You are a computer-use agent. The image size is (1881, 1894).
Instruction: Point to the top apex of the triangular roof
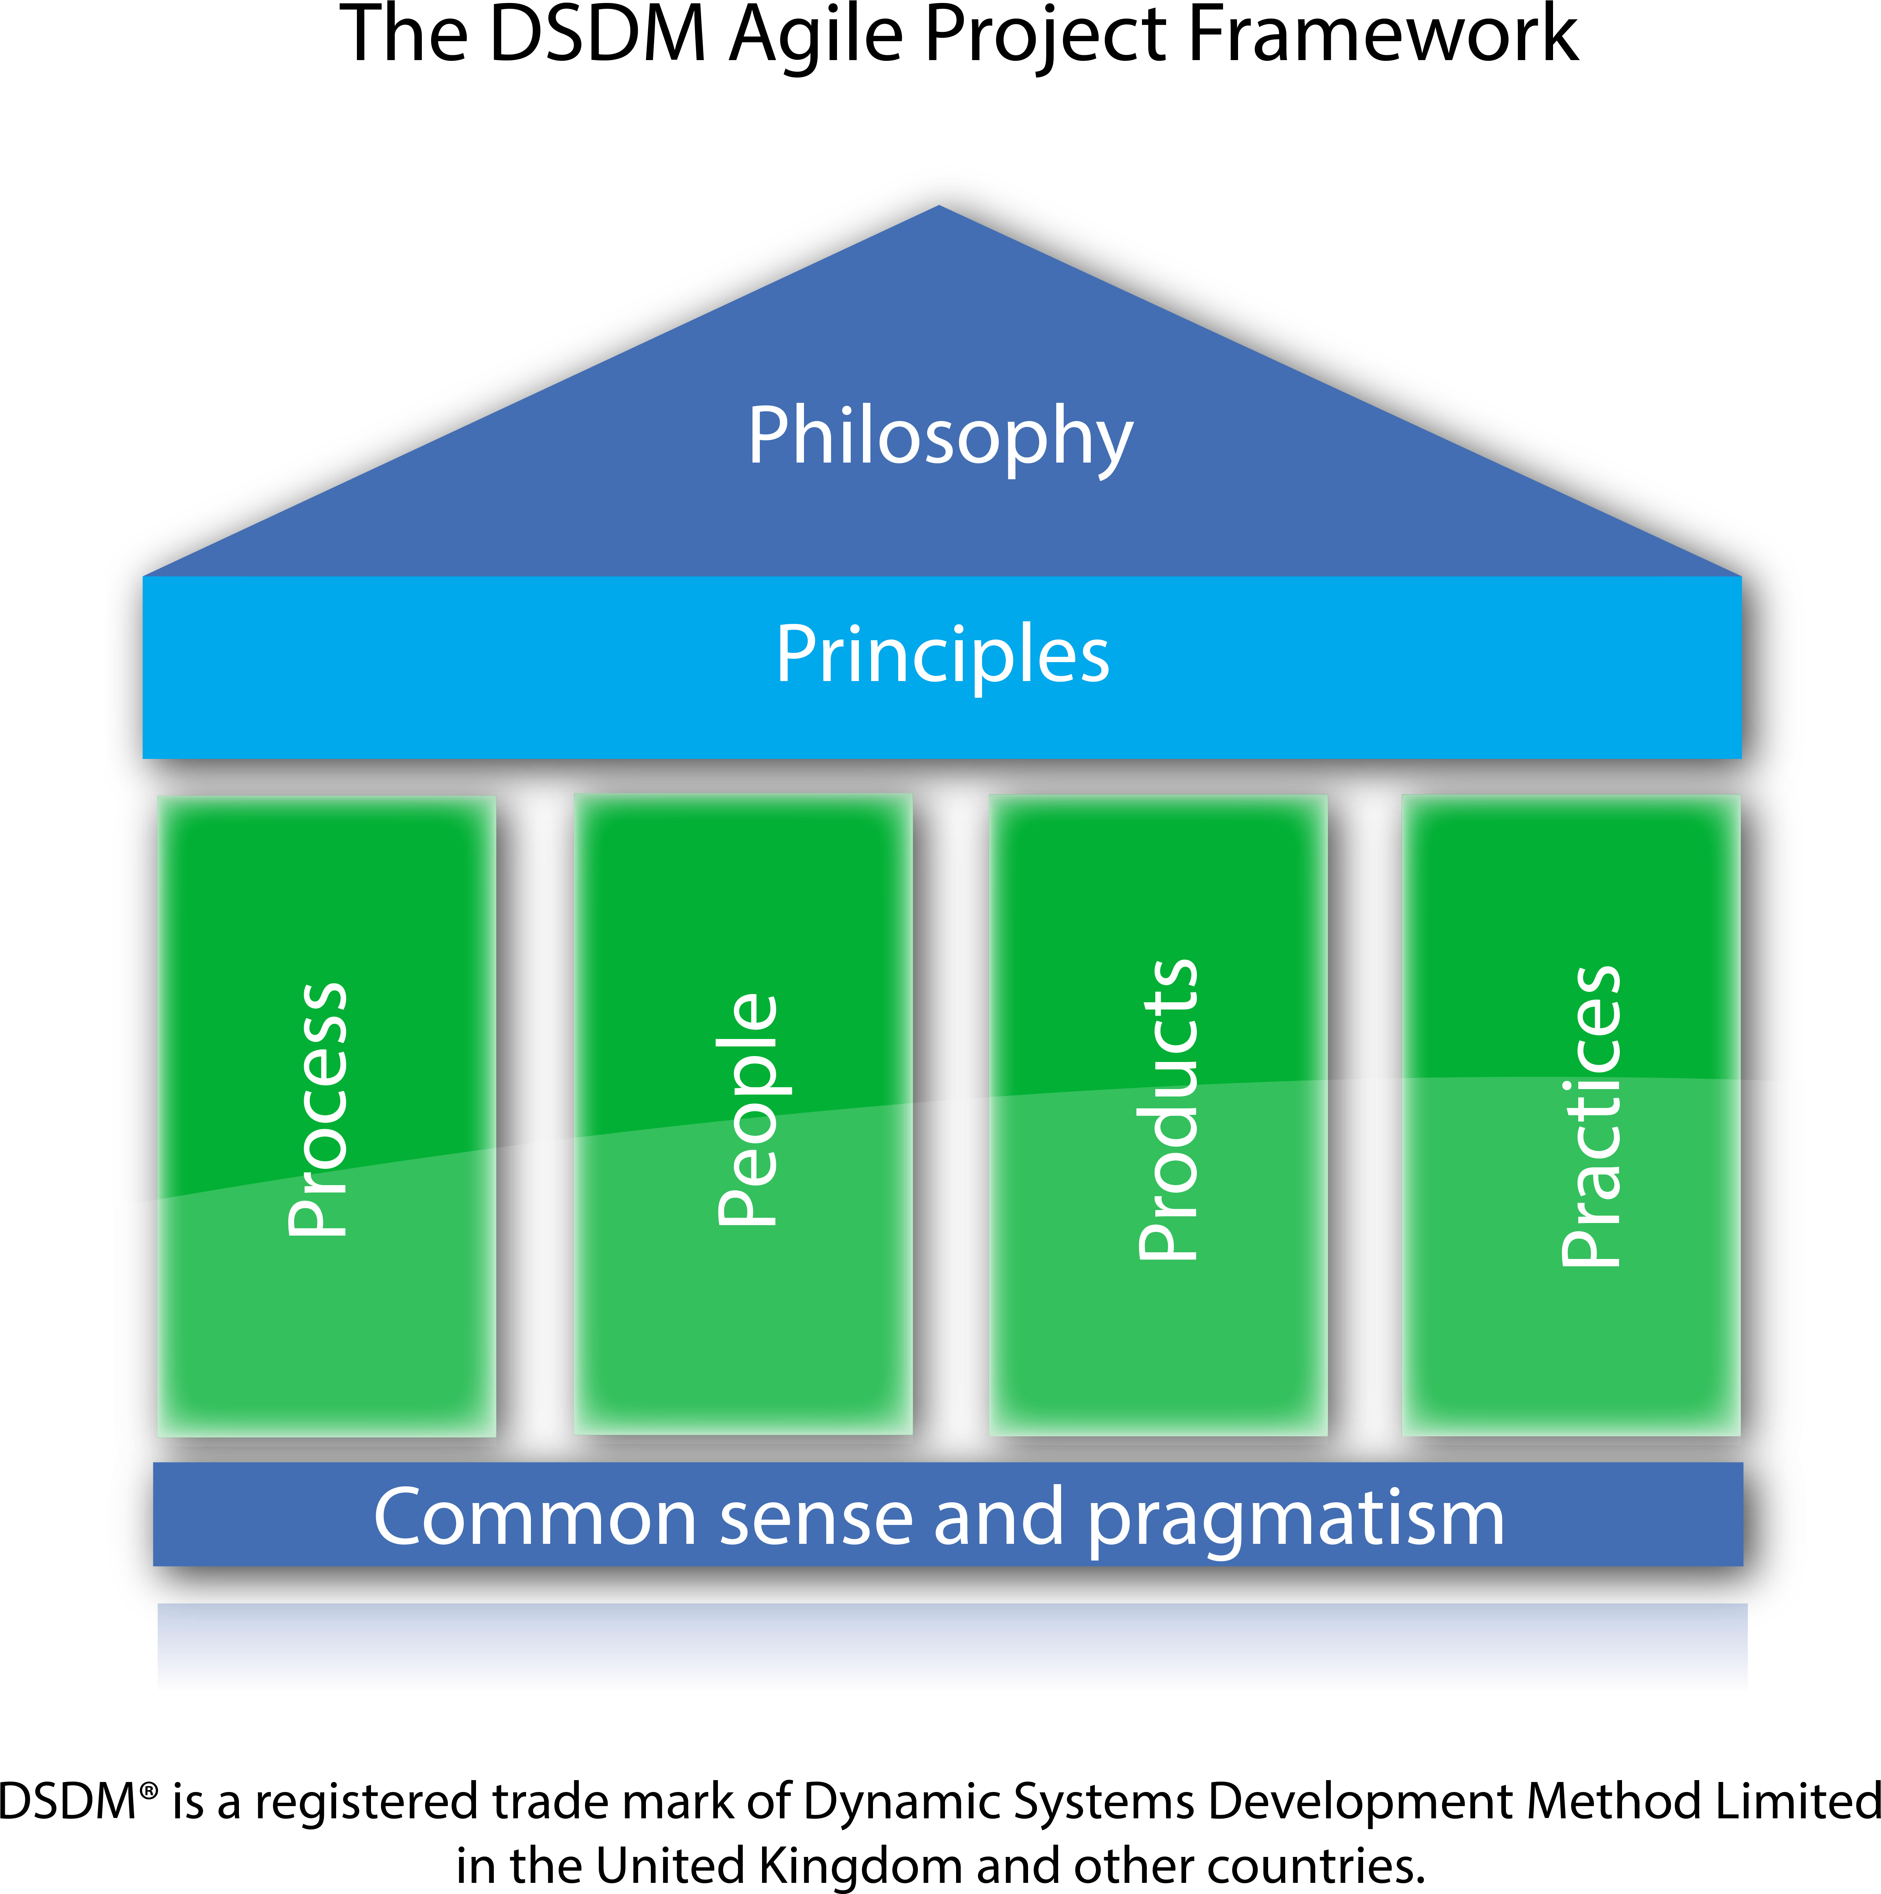coord(939,208)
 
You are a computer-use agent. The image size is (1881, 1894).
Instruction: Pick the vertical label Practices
coord(1590,1116)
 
